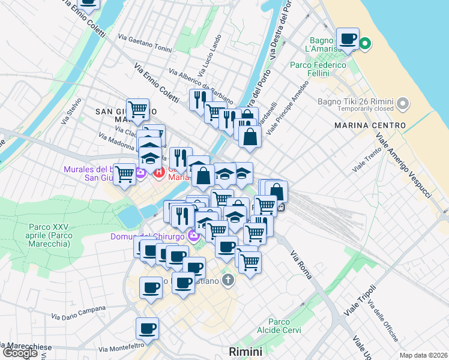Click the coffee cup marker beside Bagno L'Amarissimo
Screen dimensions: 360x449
[x=348, y=40]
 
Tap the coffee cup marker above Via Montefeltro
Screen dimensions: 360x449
[x=147, y=329]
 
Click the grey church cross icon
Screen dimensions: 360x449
[x=228, y=280]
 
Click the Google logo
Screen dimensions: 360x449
[x=20, y=353]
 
